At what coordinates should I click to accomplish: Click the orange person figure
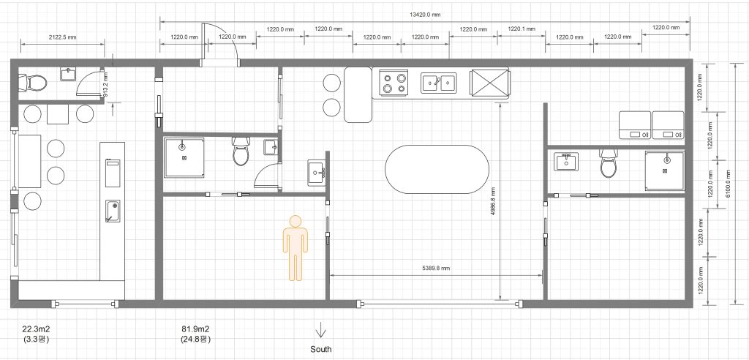coord(296,247)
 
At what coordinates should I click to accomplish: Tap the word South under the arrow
coord(321,349)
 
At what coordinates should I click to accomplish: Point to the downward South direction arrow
coord(320,331)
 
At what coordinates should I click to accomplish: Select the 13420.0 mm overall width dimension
coord(425,15)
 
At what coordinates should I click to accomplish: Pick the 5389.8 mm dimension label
coord(435,269)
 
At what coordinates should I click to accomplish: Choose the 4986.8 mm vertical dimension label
coord(492,201)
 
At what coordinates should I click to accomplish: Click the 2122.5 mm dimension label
coord(62,37)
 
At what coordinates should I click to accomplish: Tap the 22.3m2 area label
coord(36,329)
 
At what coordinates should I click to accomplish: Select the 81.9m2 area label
coord(195,329)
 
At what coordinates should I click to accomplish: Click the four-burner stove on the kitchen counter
coord(394,83)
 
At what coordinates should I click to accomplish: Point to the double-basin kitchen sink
coord(439,82)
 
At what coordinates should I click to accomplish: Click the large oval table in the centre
coord(437,169)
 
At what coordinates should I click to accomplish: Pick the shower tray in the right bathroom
coord(664,170)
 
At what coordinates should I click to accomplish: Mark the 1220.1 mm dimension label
coord(522,29)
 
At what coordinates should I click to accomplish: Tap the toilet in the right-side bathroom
coord(609,162)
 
